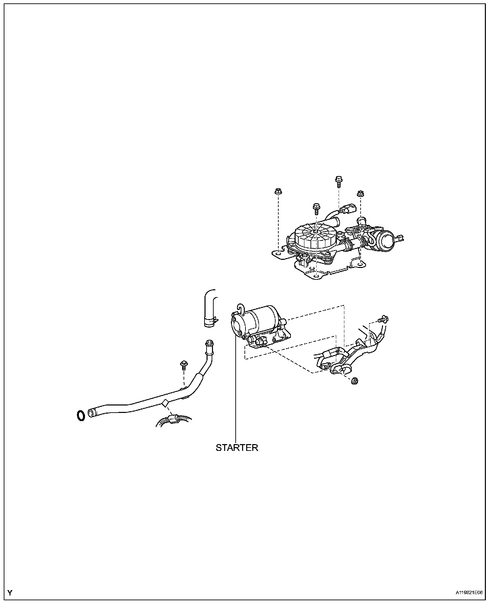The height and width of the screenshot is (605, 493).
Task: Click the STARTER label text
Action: pyautogui.click(x=237, y=447)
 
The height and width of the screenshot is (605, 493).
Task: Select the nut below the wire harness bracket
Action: pyautogui.click(x=355, y=380)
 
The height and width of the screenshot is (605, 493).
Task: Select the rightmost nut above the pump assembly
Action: pyautogui.click(x=360, y=194)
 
